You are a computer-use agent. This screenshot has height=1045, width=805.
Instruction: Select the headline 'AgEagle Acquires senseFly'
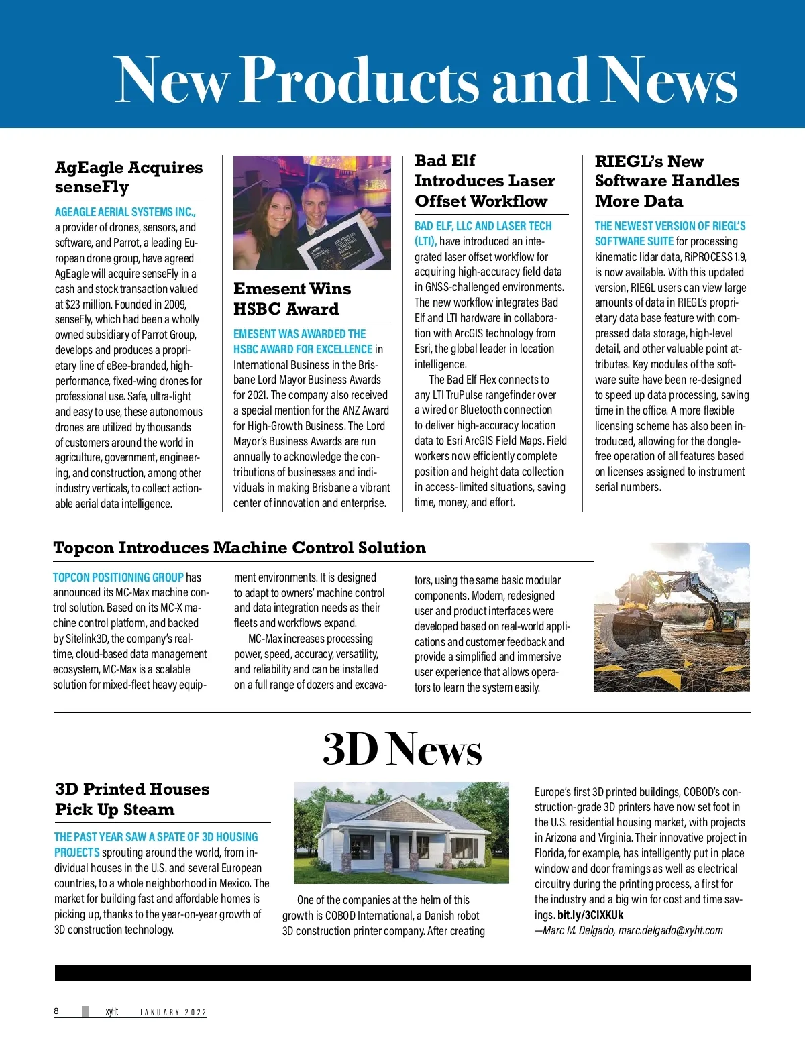(129, 177)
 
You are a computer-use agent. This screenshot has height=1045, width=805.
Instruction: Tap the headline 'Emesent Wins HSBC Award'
(292, 298)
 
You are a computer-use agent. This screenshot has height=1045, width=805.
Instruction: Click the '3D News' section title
(402, 749)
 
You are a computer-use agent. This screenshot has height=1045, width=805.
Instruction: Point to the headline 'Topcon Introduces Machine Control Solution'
(239, 548)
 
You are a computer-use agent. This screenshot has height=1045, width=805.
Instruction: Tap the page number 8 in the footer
(56, 1011)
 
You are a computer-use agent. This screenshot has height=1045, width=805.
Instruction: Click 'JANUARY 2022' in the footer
(173, 1012)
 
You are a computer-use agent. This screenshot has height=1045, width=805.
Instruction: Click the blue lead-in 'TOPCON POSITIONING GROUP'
(118, 577)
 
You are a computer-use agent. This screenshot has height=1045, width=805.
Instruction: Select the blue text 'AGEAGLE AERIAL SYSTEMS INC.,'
(125, 212)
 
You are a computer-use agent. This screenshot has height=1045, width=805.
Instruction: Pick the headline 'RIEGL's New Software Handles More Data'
(666, 181)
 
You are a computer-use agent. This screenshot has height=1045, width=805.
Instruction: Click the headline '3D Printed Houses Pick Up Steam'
(132, 799)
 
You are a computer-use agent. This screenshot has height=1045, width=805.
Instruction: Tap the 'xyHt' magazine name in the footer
(111, 1011)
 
